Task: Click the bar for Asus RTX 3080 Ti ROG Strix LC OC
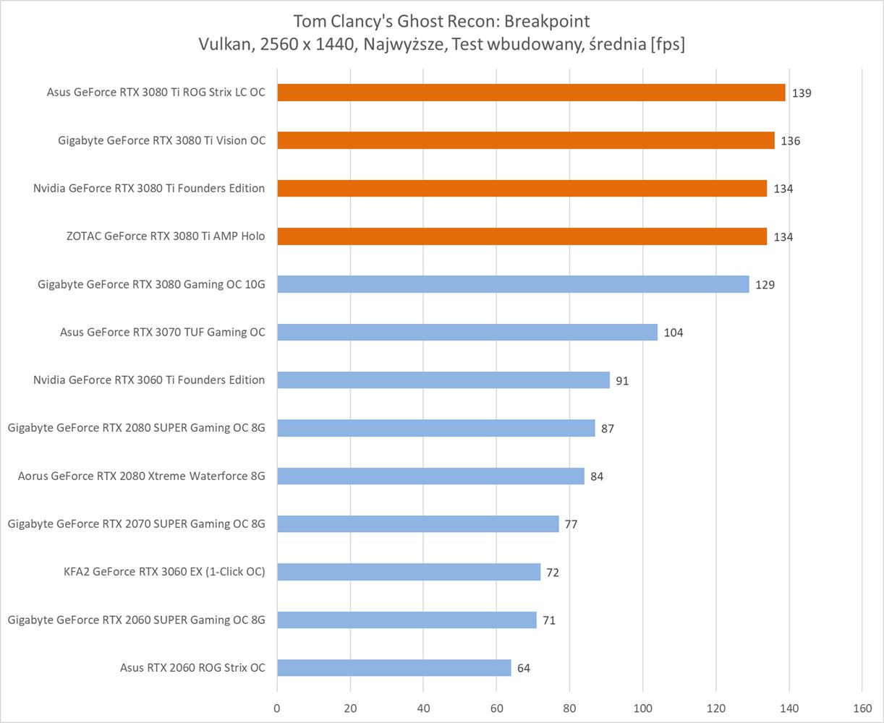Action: [x=531, y=93]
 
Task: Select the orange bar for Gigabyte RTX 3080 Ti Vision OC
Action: [x=526, y=140]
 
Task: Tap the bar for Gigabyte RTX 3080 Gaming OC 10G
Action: [x=513, y=284]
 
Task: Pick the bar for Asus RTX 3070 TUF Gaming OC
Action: [x=467, y=332]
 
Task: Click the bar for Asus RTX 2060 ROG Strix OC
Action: [x=394, y=667]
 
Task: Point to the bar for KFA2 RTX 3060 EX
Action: [x=409, y=572]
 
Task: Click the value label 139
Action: [x=801, y=93]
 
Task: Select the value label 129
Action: [x=765, y=285]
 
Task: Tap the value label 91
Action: [x=622, y=380]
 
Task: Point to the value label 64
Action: [x=524, y=668]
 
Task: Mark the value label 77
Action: [x=571, y=524]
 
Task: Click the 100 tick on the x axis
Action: [x=643, y=709]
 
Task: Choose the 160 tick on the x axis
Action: [x=862, y=709]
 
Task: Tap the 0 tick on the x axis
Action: [x=277, y=709]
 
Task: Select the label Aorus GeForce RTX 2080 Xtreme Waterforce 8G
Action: [x=141, y=476]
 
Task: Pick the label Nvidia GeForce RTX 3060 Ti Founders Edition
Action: [x=149, y=380]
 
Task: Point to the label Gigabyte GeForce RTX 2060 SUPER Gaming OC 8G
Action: [x=137, y=620]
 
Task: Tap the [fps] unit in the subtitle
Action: [x=667, y=45]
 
